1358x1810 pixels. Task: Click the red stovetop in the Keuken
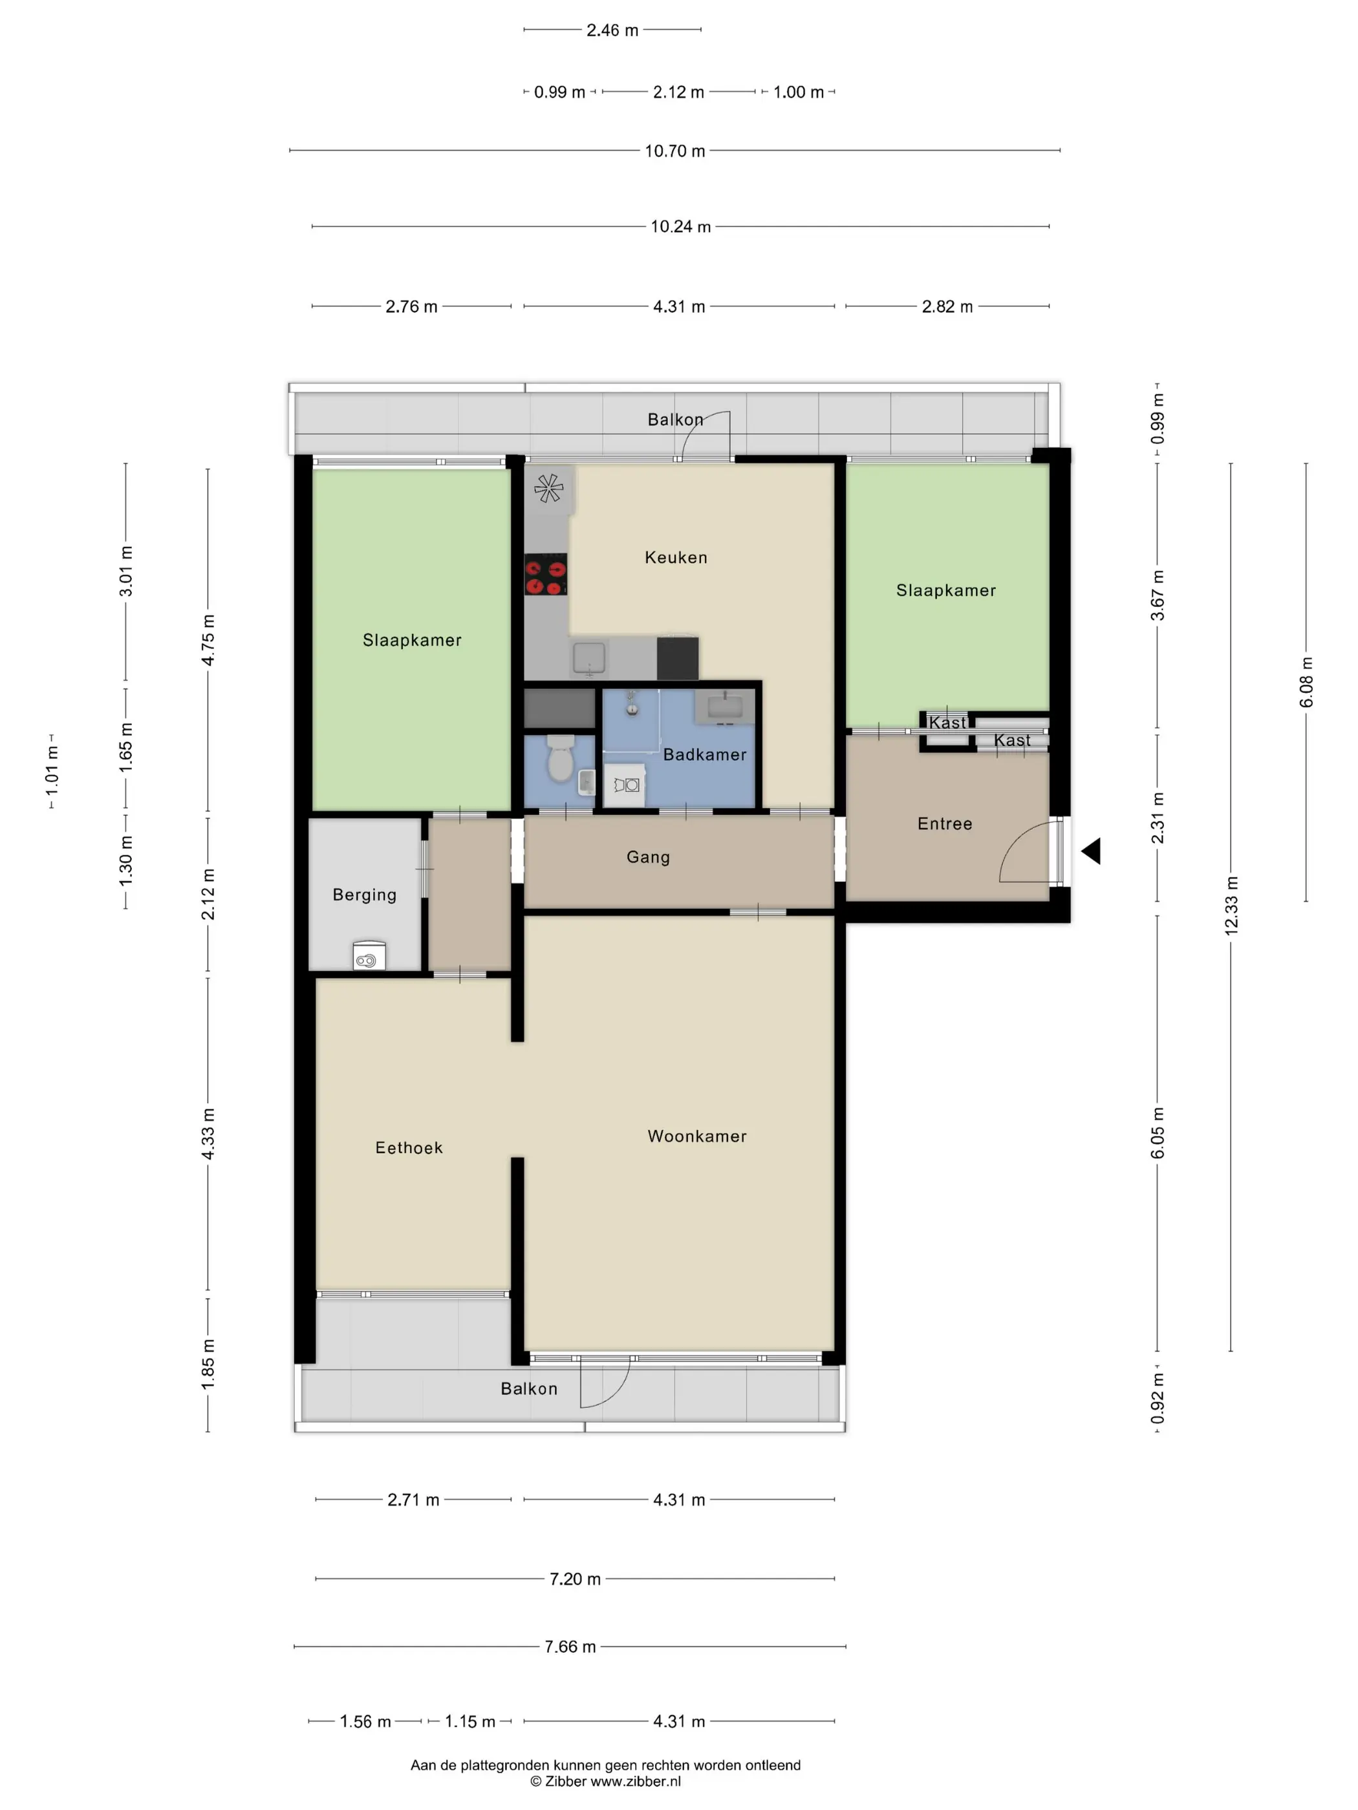546,575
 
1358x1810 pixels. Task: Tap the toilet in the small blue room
561,758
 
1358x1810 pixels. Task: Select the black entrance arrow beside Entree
1090,851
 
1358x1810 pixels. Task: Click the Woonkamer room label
696,1136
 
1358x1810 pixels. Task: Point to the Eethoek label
409,1147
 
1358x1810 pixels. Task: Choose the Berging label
364,895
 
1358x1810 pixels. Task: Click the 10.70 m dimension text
674,151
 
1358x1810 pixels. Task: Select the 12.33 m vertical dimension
1231,905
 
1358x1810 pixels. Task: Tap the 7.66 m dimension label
570,1646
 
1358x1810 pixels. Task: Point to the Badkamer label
705,754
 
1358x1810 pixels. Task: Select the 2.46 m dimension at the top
612,30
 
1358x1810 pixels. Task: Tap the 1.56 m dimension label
365,1721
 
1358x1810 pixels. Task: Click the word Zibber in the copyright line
566,1782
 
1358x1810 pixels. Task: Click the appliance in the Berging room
369,955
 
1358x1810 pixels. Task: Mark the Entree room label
945,824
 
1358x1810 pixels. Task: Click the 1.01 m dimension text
52,770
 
